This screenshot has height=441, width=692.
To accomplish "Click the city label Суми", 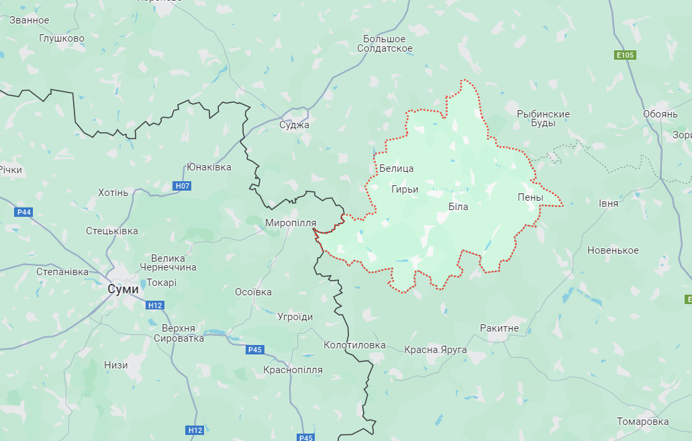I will (123, 289).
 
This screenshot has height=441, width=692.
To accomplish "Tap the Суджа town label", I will (294, 125).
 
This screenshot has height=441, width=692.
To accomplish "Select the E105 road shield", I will (626, 55).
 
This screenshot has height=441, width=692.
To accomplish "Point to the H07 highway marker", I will (181, 185).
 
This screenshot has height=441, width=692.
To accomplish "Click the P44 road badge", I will (23, 212).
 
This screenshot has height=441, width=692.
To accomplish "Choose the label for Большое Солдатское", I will (385, 44).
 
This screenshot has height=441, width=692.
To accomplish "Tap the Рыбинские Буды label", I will (543, 119).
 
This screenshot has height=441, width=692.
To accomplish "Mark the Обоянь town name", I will (660, 114).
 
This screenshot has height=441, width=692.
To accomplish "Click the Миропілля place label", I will (290, 222).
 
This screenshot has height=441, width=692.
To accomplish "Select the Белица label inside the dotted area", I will (396, 168).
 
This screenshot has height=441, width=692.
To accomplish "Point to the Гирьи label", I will (405, 189).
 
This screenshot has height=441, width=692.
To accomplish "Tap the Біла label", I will (458, 207).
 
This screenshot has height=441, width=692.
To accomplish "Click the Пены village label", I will (530, 197).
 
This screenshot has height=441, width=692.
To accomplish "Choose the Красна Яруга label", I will (435, 350).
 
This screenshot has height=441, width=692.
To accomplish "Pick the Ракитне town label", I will (499, 328).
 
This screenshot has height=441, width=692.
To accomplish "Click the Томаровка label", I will (643, 422).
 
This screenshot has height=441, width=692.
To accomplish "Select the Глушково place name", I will (62, 38).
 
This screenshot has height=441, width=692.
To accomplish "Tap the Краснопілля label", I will (293, 370).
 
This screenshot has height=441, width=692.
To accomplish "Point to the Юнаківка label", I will (209, 167).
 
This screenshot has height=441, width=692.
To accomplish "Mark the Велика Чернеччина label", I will (174, 262).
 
